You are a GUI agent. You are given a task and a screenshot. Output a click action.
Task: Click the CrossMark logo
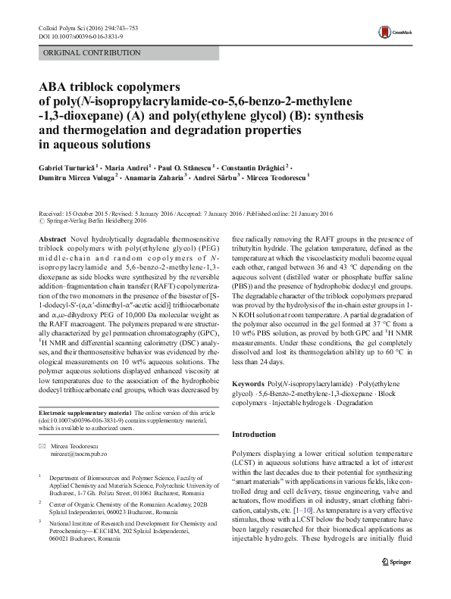[393, 31]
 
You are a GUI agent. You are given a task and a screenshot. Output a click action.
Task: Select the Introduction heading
[254, 435]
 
